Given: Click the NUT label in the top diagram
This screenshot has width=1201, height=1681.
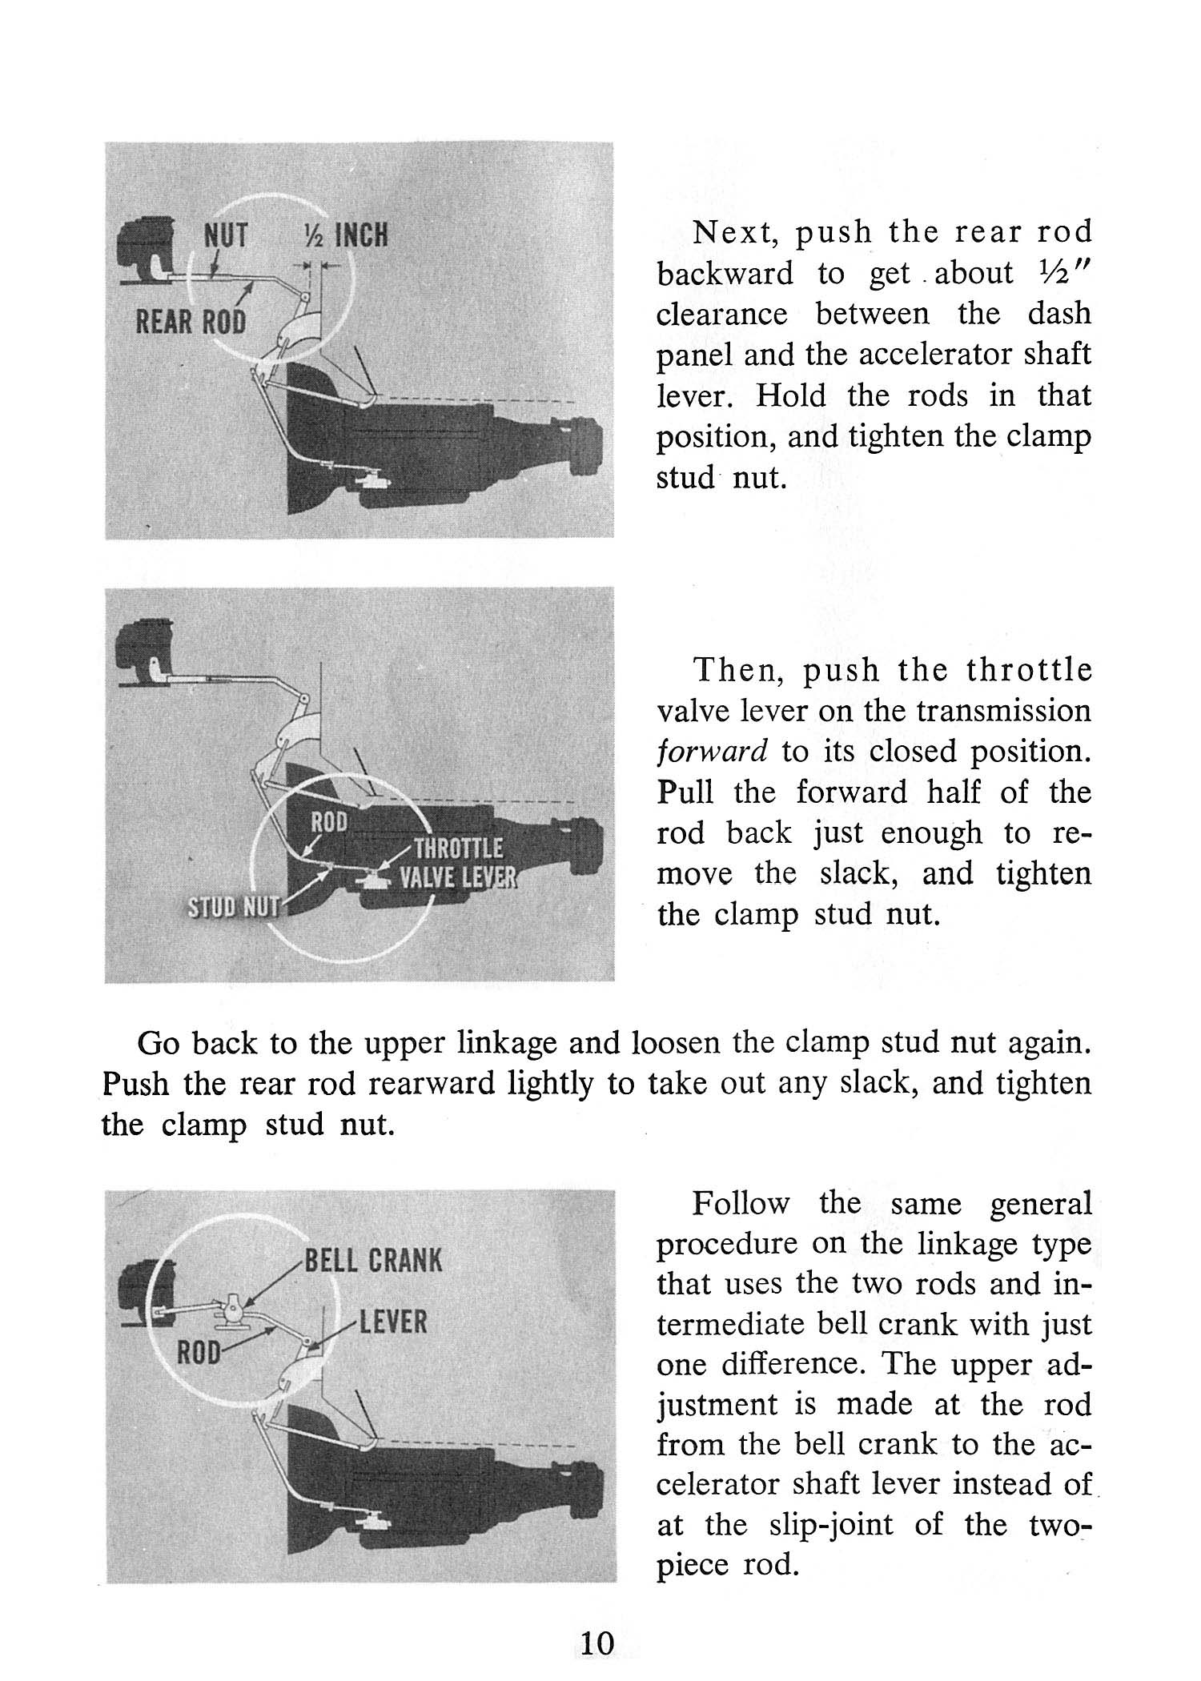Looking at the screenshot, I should [x=226, y=236].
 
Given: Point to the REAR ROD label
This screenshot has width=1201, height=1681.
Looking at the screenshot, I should [x=190, y=322].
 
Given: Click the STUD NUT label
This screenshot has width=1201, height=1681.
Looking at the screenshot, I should [x=233, y=907].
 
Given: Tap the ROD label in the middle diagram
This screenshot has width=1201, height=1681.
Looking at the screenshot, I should [x=328, y=822].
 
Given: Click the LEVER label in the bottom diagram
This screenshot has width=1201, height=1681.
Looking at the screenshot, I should [x=393, y=1322].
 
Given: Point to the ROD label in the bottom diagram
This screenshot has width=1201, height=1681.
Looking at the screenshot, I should [x=198, y=1354].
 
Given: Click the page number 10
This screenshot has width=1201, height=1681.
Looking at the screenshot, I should [x=597, y=1643].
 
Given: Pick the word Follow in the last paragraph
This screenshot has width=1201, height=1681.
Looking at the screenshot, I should [x=741, y=1204].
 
